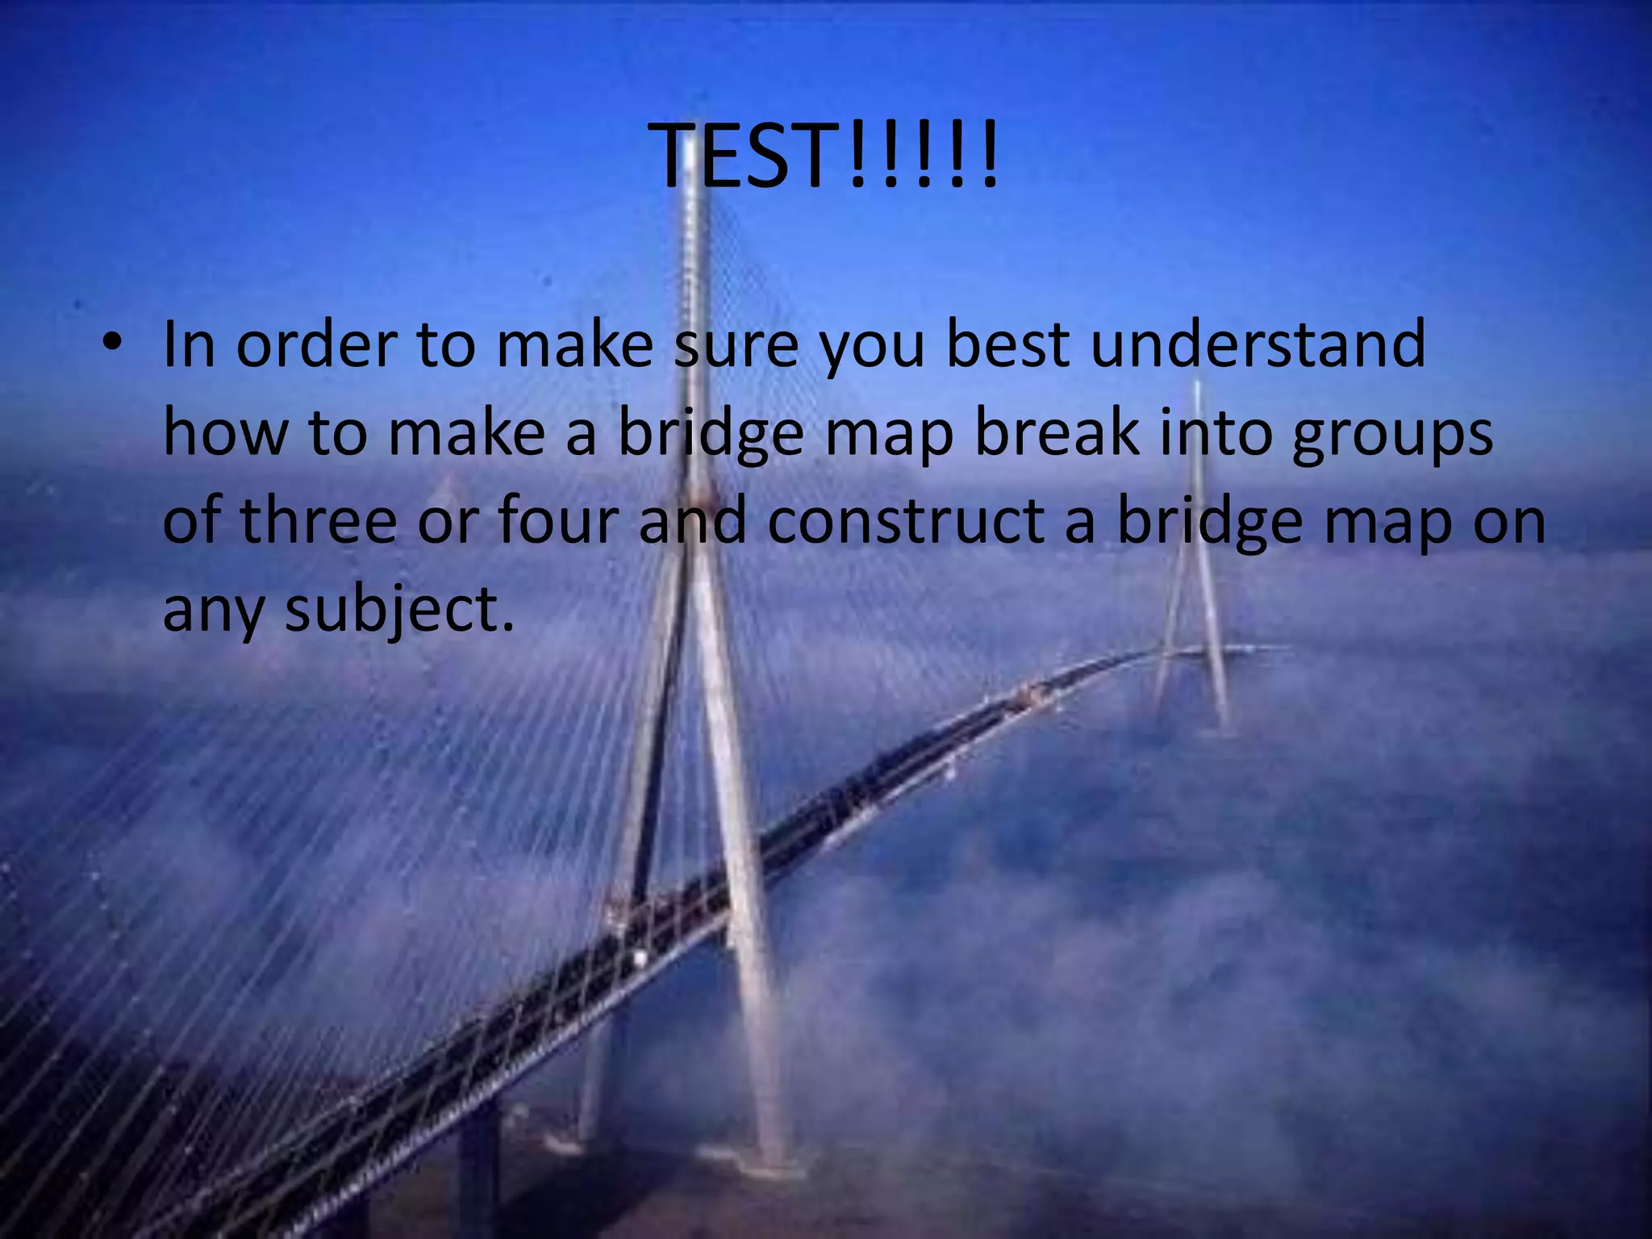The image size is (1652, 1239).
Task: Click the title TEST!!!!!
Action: point(828,156)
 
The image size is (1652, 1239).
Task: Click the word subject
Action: point(399,611)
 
